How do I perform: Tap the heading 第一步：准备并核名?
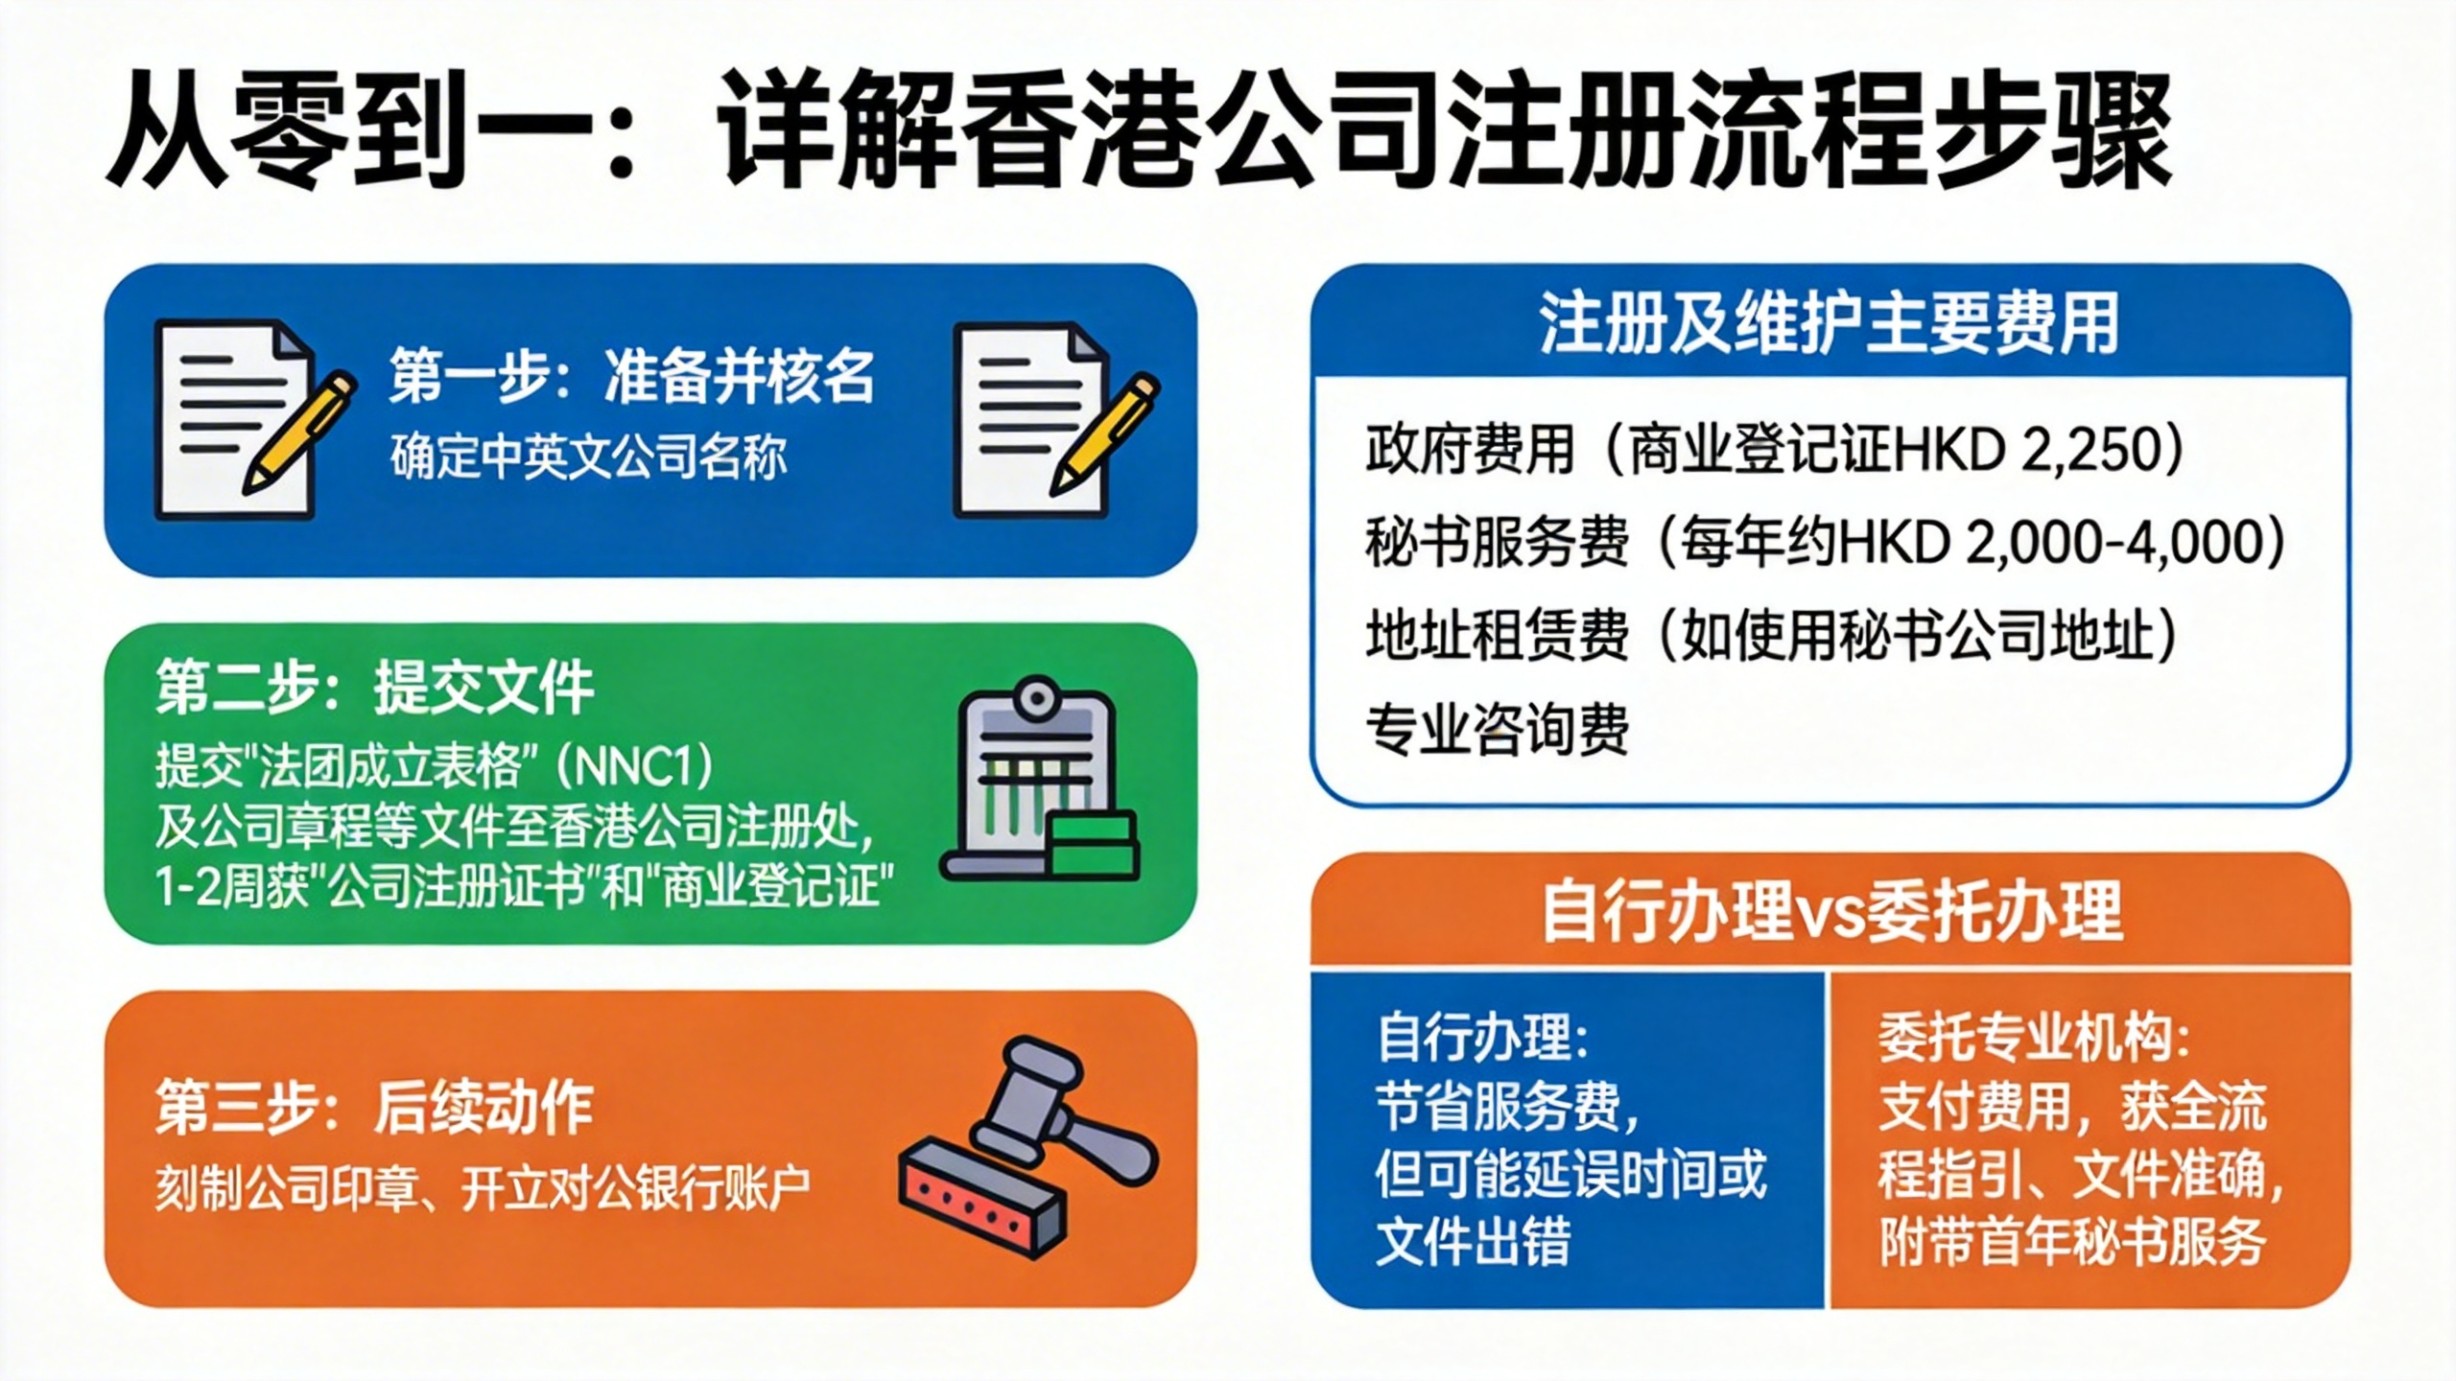632,376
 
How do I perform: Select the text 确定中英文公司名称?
588,456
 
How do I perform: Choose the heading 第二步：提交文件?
375,687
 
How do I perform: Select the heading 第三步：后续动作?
375,1107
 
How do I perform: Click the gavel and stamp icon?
1029,1147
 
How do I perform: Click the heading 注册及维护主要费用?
1829,323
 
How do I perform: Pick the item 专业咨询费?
1498,729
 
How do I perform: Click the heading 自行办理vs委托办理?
1830,911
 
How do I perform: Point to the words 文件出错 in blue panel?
1473,1241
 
